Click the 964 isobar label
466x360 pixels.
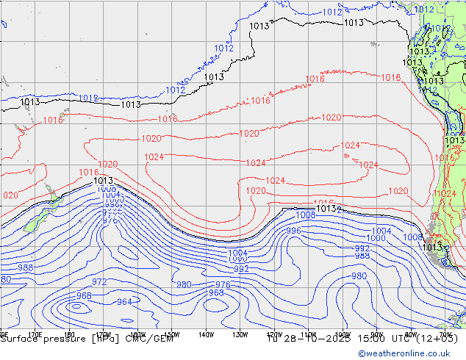124,302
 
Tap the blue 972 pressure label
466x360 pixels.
99,282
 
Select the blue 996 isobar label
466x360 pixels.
293,231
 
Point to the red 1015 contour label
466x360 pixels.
323,203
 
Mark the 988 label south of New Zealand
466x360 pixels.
25,268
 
